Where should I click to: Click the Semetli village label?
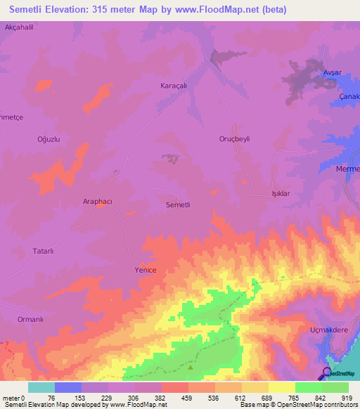pyautogui.click(x=178, y=204)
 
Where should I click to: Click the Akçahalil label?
pyautogui.click(x=19, y=26)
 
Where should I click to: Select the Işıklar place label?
pyautogui.click(x=281, y=193)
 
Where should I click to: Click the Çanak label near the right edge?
pyautogui.click(x=348, y=96)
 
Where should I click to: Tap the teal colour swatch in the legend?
pyautogui.click(x=41, y=387)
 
